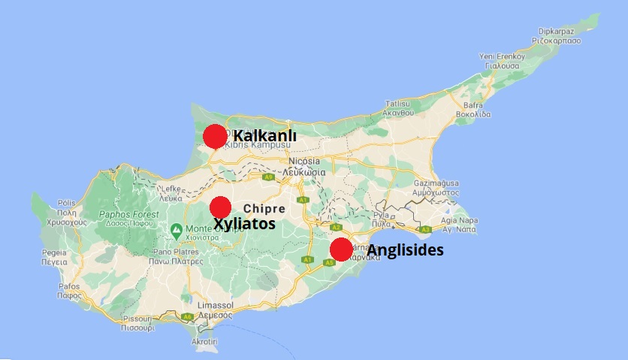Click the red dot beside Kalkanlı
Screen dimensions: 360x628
[x=215, y=136]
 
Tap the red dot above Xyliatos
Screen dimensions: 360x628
[x=220, y=207]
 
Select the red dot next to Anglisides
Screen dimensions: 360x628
[x=340, y=250]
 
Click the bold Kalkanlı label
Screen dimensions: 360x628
[x=265, y=135]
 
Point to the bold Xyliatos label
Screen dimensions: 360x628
[x=244, y=224]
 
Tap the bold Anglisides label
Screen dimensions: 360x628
[x=405, y=250]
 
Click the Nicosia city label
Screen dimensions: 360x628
[x=304, y=162]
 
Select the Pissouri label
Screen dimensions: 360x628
[x=137, y=319]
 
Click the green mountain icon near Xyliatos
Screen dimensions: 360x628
[x=176, y=228]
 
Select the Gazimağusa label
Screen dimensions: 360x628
[x=431, y=183]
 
